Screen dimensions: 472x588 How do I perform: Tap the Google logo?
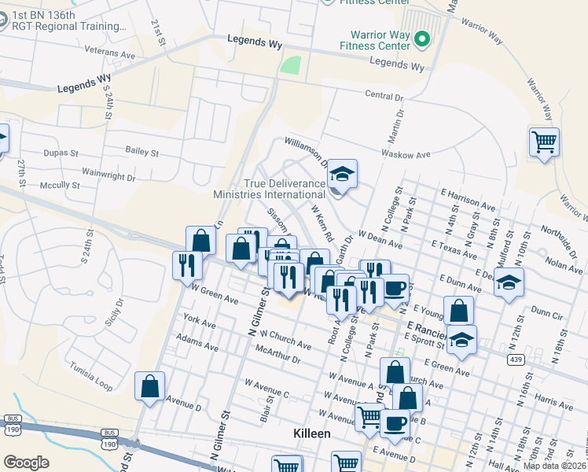[x=26, y=462]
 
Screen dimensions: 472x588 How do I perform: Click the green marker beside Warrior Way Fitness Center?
[x=421, y=39]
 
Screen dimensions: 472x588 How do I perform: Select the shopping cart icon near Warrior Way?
[x=544, y=142]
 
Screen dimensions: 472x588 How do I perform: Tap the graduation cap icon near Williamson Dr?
[x=342, y=174]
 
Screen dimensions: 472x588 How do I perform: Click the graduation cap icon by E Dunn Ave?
[x=509, y=281]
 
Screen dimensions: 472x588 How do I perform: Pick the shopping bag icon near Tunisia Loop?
[x=149, y=386]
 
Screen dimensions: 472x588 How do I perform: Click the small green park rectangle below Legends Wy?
[x=291, y=65]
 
